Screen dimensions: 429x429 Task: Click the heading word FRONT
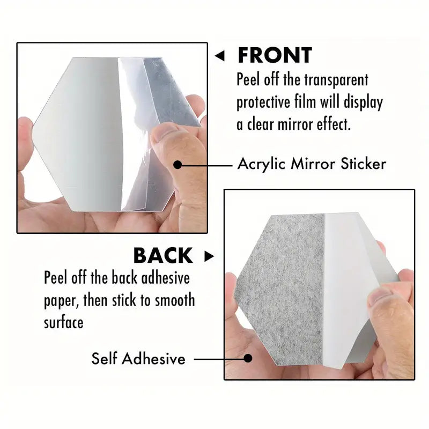[275, 55]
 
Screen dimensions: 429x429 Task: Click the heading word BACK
[164, 256]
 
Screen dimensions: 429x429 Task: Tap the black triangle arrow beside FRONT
[220, 56]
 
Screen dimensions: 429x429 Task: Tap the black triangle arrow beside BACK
[209, 256]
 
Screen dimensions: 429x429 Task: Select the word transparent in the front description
[336, 80]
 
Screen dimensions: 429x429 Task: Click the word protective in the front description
[263, 102]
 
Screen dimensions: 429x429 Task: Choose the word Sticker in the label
[364, 164]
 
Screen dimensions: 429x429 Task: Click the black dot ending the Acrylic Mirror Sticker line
[177, 165]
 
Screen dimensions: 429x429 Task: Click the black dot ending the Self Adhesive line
[248, 358]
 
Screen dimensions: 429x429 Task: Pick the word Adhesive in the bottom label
[153, 358]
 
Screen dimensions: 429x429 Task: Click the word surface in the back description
[63, 323]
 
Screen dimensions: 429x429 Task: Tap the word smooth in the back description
[175, 300]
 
